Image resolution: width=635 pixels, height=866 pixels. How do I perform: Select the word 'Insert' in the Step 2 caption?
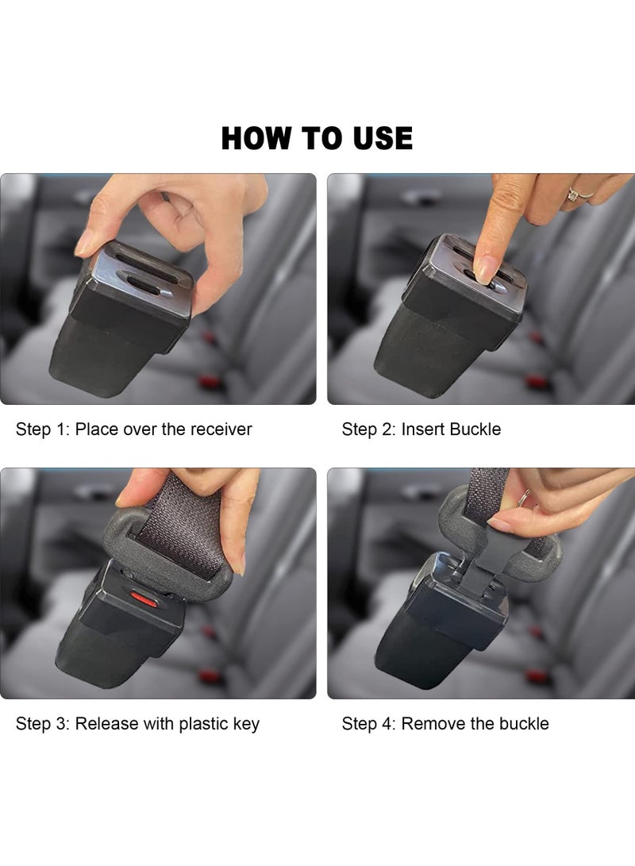click(x=423, y=429)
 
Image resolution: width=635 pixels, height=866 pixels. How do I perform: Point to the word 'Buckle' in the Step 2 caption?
click(x=475, y=429)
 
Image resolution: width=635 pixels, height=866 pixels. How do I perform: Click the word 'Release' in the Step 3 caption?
click(x=106, y=724)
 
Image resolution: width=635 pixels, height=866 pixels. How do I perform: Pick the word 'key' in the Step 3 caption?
click(x=245, y=724)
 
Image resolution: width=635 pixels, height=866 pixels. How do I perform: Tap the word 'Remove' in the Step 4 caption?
click(x=431, y=724)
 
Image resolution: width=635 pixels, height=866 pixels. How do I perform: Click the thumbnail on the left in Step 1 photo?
click(x=85, y=241)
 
